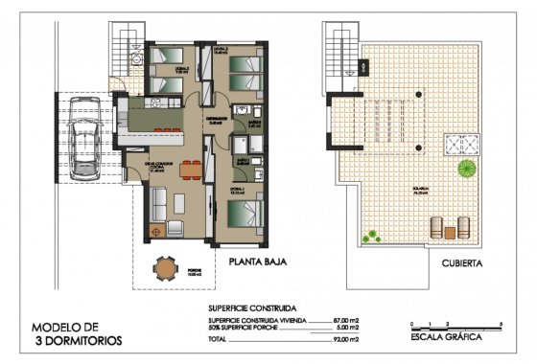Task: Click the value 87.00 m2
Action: tap(344, 320)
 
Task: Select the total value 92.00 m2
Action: tap(344, 339)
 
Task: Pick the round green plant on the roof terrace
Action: tap(467, 170)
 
